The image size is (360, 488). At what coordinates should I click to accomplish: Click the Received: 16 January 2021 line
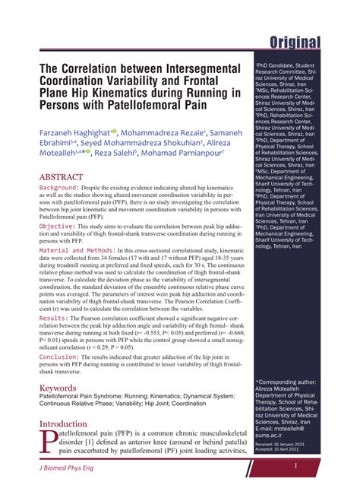[x=281, y=442]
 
